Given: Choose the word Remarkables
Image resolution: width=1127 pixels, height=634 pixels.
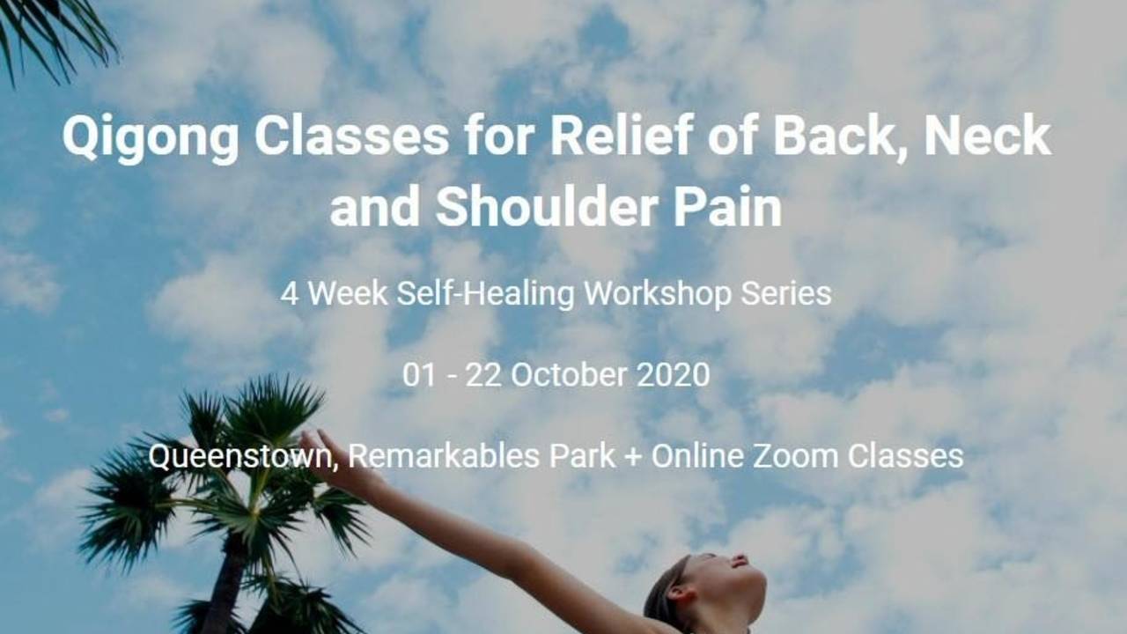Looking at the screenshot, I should tap(431, 456).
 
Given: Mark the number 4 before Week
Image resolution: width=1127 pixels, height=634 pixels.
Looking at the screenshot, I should tap(289, 294).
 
